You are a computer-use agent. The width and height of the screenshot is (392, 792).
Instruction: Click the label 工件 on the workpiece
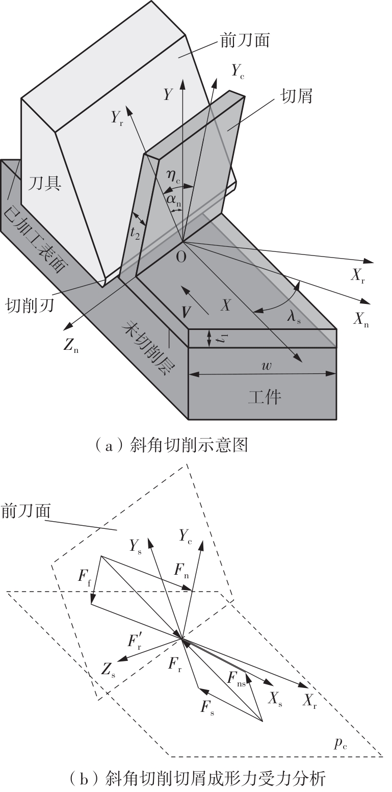(265, 397)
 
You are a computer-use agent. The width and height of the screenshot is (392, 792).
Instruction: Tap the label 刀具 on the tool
(45, 183)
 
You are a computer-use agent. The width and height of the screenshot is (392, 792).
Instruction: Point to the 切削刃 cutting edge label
(30, 304)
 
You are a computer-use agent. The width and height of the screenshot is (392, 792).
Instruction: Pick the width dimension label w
(267, 366)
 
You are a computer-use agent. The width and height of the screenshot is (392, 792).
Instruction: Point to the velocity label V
(186, 312)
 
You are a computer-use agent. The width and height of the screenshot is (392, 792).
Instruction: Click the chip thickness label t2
(135, 234)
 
